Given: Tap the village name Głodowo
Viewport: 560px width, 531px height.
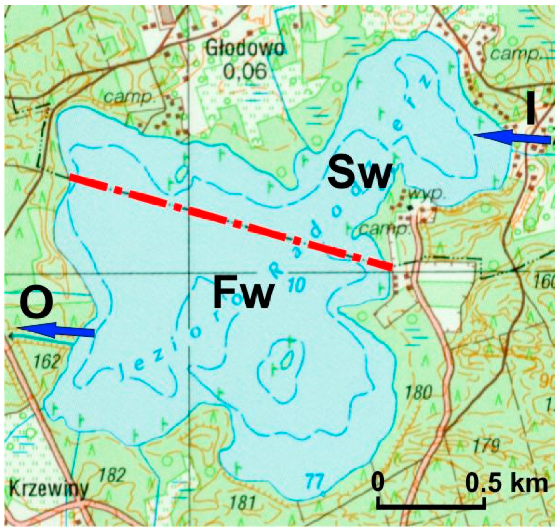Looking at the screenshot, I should pos(245,49).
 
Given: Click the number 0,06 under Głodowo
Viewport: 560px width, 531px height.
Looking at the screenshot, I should pos(245,71).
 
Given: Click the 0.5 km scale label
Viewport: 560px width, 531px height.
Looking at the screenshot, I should pos(506,483).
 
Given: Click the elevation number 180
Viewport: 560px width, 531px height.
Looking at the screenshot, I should pos(418,392).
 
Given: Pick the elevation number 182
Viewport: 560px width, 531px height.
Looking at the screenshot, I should pos(112,475).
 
